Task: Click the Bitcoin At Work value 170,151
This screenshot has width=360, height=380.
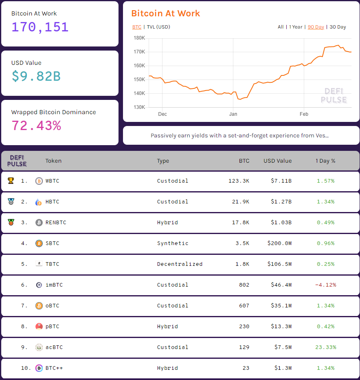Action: click(x=40, y=27)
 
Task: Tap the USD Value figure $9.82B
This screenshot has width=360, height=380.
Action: click(x=36, y=76)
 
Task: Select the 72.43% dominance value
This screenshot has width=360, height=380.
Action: click(x=36, y=126)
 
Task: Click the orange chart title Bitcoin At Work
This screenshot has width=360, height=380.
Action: click(x=165, y=13)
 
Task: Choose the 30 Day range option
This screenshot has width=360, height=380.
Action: click(x=338, y=27)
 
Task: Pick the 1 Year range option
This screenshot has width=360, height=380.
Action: click(x=296, y=27)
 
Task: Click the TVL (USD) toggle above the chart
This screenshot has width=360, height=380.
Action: click(x=158, y=27)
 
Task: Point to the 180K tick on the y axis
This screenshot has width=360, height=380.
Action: click(x=139, y=38)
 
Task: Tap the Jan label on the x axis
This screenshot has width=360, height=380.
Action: click(x=233, y=114)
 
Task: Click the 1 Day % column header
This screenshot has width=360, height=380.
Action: click(x=325, y=161)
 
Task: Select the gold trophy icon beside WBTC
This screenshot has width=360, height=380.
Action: click(x=11, y=181)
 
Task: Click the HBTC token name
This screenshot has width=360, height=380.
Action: click(x=52, y=202)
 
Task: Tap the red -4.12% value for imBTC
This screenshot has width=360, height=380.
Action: click(x=325, y=285)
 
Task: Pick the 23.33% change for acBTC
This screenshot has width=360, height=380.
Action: click(x=325, y=347)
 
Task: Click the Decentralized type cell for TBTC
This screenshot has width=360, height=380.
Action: click(x=180, y=264)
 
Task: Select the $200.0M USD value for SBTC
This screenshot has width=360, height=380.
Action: click(x=279, y=243)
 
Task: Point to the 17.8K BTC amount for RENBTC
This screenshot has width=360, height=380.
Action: click(x=241, y=223)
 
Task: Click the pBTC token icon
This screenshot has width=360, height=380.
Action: click(x=39, y=327)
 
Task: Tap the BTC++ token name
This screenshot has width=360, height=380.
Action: click(x=54, y=368)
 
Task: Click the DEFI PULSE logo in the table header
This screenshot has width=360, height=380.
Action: click(x=17, y=161)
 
